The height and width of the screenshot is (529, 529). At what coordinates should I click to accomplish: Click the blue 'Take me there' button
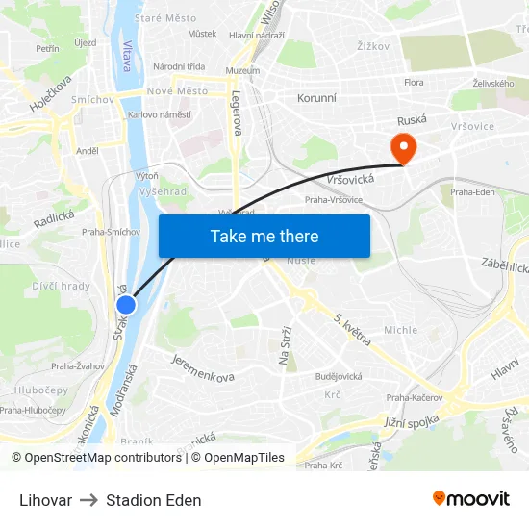(x=264, y=236)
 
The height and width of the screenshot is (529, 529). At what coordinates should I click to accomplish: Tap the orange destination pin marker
(x=401, y=148)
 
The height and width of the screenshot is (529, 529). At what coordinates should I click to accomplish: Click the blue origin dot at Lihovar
(x=125, y=305)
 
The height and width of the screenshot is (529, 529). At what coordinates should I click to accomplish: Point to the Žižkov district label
(x=372, y=45)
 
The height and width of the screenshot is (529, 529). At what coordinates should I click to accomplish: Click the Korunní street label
(x=316, y=98)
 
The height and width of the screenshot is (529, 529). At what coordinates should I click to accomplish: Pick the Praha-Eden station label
(x=472, y=191)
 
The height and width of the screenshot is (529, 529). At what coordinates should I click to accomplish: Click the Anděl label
(x=88, y=151)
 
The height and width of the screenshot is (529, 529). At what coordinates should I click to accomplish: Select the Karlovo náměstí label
(x=160, y=114)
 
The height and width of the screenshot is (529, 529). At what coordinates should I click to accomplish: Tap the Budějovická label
(x=339, y=376)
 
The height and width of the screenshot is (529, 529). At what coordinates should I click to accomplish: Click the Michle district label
(x=401, y=330)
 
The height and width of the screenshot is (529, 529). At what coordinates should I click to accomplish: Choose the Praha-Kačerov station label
(x=414, y=397)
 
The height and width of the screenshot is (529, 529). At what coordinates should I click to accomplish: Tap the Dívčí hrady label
(x=61, y=286)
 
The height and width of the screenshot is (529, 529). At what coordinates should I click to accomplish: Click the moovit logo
(x=470, y=499)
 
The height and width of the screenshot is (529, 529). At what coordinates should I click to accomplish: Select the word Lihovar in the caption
(x=45, y=500)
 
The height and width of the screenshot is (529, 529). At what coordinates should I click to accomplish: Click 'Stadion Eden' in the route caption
(x=154, y=500)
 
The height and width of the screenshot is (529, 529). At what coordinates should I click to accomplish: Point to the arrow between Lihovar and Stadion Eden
(x=88, y=500)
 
